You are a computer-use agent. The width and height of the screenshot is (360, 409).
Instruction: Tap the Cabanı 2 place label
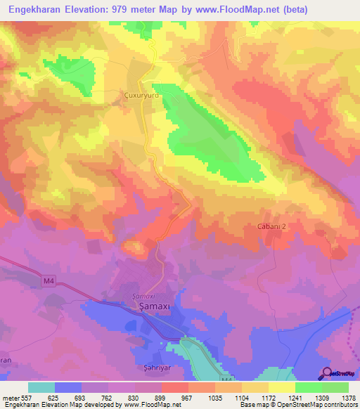(271, 226)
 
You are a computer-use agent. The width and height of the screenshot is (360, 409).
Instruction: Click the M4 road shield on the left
(49, 282)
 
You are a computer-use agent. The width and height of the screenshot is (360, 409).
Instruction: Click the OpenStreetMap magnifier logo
(328, 373)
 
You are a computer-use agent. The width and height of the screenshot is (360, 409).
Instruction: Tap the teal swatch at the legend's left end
(41, 387)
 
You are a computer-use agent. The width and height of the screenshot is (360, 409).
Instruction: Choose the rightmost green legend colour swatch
(335, 387)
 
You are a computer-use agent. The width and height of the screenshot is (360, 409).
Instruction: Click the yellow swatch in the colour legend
(282, 387)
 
